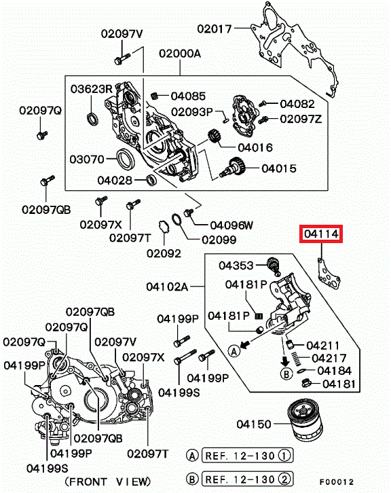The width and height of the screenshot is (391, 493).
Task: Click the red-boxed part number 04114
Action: [321, 234]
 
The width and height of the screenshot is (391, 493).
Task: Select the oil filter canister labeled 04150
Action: [305, 420]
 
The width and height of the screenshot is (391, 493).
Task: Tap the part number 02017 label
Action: [215, 29]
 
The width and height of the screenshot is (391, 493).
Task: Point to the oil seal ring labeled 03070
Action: [126, 160]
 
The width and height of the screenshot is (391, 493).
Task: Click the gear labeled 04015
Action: [233, 168]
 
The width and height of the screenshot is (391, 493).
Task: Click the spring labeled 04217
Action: [295, 358]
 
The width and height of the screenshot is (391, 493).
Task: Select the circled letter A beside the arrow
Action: [234, 350]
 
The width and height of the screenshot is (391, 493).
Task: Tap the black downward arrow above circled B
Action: [285, 361]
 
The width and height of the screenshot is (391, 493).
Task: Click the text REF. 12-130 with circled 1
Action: [247, 455]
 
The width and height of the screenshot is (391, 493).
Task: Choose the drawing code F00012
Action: [337, 481]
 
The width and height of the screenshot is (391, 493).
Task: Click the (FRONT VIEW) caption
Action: [108, 481]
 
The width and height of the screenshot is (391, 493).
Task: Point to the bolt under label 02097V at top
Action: [122, 58]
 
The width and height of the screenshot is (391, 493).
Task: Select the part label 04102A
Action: [167, 287]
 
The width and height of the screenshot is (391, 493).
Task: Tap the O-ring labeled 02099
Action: [176, 219]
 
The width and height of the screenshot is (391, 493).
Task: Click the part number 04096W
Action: [231, 225]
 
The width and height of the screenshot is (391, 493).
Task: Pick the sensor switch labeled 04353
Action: [273, 266]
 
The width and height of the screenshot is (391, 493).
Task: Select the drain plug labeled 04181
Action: [306, 383]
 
